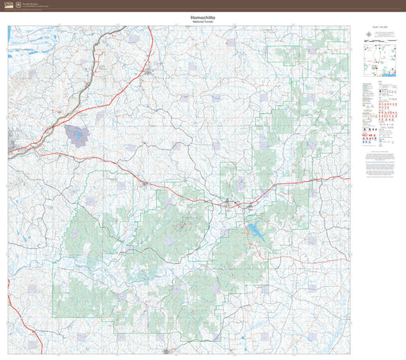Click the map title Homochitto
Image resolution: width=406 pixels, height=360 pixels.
[x=203, y=17]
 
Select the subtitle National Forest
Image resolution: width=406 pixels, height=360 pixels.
[x=203, y=22]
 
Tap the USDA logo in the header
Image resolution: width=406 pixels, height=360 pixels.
[x=8, y=5]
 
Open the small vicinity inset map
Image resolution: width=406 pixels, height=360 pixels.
[x=379, y=61]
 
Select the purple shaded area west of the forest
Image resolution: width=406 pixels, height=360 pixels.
[x=77, y=135]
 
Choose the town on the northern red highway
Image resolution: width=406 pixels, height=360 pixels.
[x=149, y=72]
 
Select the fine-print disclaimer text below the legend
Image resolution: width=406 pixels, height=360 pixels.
[x=379, y=162]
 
